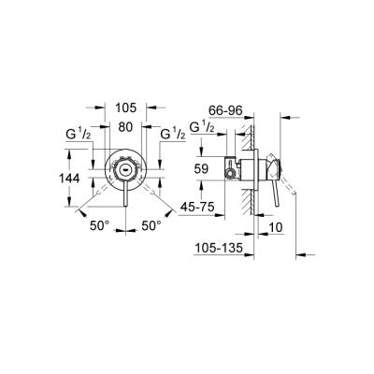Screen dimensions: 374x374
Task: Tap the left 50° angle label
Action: click(101, 225)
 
